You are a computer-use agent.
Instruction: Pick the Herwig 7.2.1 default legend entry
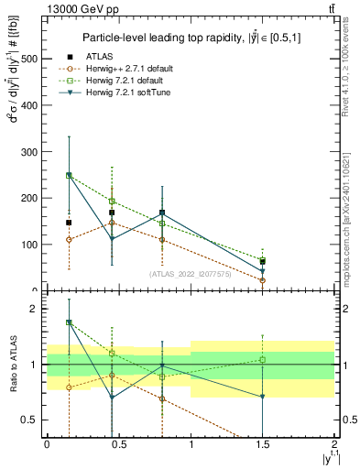click(127, 81)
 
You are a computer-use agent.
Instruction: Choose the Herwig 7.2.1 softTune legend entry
click(129, 93)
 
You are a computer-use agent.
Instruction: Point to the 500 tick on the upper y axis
click(29, 58)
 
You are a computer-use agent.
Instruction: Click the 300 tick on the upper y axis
click(29, 151)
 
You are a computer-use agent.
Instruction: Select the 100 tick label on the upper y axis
click(29, 245)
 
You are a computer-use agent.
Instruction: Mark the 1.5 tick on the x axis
click(262, 443)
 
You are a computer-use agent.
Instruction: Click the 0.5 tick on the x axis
click(118, 443)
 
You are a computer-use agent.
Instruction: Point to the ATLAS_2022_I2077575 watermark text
click(190, 273)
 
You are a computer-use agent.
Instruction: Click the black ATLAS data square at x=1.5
click(263, 261)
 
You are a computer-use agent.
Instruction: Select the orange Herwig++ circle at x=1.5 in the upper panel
click(263, 280)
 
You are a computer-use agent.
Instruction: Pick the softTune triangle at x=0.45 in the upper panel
click(112, 238)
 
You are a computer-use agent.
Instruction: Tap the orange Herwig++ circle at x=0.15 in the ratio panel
click(69, 387)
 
